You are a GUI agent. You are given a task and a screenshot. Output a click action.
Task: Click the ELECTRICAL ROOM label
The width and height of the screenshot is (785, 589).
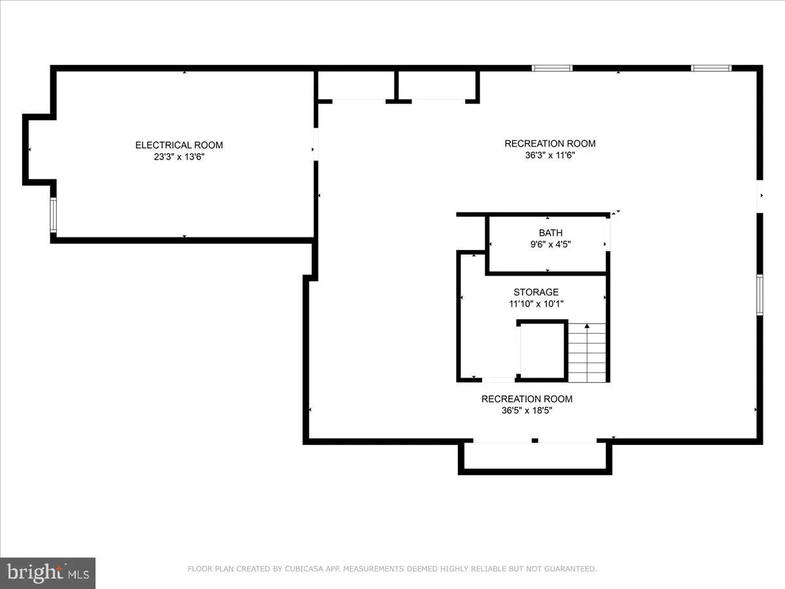[179, 145]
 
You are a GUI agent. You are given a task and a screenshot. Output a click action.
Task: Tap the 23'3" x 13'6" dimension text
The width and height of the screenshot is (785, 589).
[179, 156]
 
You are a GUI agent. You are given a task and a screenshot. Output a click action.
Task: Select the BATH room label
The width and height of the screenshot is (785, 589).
[550, 232]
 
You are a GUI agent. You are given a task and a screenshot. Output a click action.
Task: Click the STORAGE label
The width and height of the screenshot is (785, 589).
[536, 292]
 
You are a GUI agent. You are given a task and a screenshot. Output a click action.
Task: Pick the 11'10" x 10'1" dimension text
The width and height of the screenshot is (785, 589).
[536, 304]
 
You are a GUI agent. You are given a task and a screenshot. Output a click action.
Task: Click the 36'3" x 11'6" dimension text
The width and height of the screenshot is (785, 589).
[549, 155]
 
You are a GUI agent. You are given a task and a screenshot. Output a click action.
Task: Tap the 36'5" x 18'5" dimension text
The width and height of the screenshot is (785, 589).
[527, 411]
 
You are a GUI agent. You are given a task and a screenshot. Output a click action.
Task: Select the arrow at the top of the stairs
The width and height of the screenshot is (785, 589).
[587, 326]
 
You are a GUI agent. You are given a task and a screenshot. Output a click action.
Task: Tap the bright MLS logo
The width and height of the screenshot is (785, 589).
[48, 573]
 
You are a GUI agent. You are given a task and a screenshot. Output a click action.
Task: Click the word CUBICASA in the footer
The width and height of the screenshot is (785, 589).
[302, 569]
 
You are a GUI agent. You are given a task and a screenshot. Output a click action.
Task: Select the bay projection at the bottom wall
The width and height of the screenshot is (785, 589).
[534, 457]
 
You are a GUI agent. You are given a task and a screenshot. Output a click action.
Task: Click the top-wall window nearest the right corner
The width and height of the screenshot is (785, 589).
[711, 68]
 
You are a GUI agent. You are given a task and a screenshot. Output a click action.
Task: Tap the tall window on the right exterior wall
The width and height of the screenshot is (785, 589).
[759, 295]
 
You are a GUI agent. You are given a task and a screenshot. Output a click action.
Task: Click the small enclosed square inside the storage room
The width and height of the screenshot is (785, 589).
[542, 350]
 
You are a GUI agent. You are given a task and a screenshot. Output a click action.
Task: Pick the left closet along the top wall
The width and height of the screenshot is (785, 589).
[357, 86]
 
